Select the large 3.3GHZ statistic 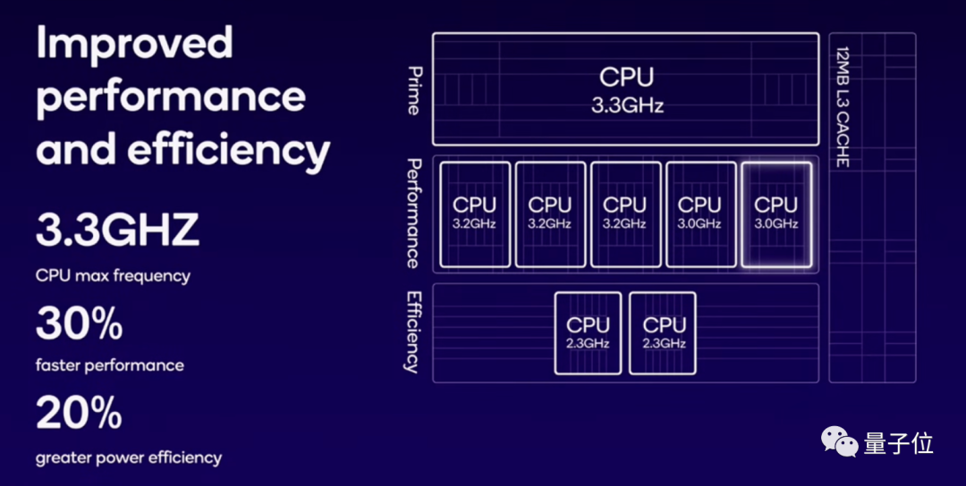117,230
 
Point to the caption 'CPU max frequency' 113,276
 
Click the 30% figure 79,323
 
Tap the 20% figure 79,413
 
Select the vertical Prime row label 413,89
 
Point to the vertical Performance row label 413,214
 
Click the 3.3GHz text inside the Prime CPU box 627,105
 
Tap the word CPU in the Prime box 626,78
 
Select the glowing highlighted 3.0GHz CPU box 775,214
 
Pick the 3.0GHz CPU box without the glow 699,214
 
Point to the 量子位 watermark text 898,442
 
